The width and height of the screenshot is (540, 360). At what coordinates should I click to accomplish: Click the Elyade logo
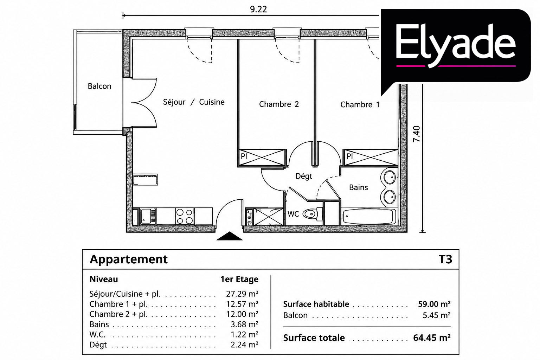(456, 46)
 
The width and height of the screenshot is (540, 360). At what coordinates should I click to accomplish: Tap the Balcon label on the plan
(99, 86)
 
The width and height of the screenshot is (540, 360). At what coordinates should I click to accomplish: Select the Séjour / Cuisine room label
(194, 102)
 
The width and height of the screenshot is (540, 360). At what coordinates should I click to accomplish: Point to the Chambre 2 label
(279, 104)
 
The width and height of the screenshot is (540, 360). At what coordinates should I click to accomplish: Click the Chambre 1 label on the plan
(360, 105)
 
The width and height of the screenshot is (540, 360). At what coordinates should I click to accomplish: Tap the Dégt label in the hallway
(304, 176)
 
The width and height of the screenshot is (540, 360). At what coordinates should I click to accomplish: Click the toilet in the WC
(313, 214)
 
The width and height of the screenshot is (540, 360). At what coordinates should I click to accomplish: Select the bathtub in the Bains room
(369, 216)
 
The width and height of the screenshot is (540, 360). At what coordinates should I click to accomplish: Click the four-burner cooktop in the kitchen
(185, 217)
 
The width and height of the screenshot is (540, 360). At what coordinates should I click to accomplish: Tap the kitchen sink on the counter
(148, 217)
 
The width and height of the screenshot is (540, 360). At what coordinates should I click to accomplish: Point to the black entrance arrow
(230, 236)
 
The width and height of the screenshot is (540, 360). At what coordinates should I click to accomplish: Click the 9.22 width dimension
(258, 9)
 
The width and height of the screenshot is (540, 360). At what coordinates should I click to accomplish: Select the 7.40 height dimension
(417, 134)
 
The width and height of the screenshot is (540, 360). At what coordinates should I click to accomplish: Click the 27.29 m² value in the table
(242, 294)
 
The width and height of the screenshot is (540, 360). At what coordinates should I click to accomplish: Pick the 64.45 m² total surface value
(432, 338)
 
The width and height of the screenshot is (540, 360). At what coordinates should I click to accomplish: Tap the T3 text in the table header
(445, 259)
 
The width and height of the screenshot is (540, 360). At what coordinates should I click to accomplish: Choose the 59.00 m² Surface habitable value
(434, 304)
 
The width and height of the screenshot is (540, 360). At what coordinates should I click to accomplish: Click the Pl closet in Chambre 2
(262, 157)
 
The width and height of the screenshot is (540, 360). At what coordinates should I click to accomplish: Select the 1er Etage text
(239, 279)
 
